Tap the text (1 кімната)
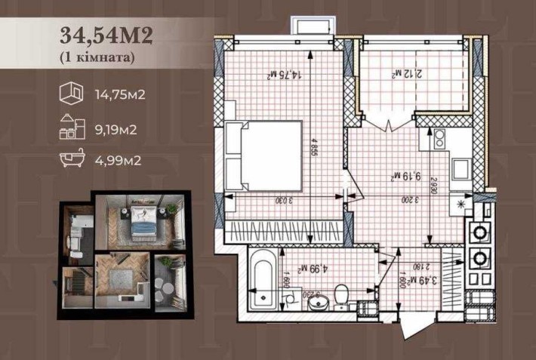(x=97, y=57)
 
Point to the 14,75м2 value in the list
(x=120, y=96)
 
